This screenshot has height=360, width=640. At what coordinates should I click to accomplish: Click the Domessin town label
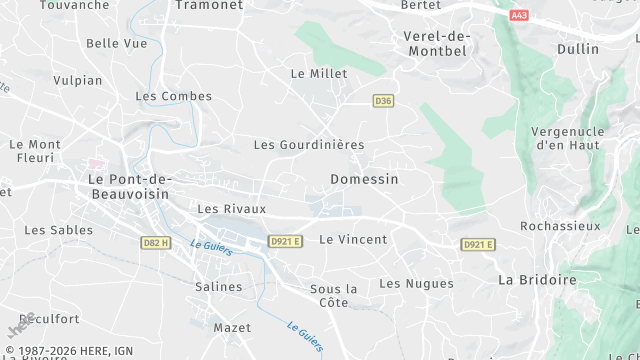364,179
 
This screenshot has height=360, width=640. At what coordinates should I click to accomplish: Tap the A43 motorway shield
518,15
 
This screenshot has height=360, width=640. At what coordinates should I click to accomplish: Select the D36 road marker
382,101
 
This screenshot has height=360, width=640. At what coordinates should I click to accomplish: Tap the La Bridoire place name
537,280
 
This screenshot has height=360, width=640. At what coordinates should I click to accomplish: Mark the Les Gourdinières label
308,144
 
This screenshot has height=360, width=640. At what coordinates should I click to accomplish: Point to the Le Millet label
318,73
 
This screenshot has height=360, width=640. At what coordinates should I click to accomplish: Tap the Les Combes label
173,96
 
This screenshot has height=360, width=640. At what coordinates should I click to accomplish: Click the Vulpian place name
77,80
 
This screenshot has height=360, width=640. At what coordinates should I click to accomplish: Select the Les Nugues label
416,283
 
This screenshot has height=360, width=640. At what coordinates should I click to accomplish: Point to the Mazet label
233,327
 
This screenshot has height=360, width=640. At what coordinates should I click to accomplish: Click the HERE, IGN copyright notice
70,350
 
